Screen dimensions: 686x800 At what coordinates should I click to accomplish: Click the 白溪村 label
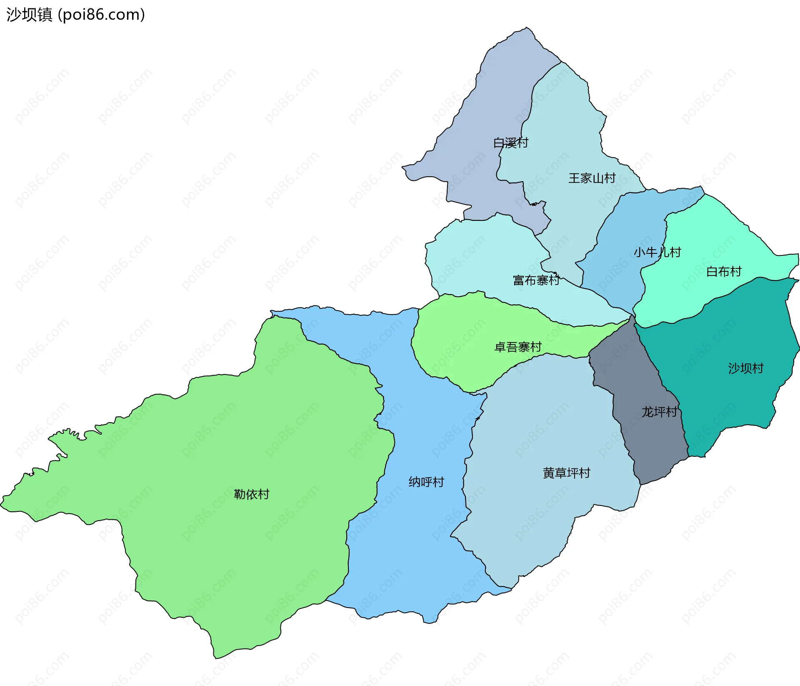[x=510, y=143]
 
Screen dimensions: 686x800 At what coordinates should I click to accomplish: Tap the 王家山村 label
[x=592, y=178]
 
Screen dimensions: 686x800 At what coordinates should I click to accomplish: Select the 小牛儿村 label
[x=657, y=252]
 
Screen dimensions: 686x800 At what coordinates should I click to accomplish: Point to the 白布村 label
[x=724, y=272]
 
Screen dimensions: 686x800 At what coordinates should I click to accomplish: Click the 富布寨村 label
[x=536, y=280]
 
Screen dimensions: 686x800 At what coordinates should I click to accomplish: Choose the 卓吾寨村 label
[x=517, y=347]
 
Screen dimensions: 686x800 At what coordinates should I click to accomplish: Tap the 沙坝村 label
[x=745, y=368]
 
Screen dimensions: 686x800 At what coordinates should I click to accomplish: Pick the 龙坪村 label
[x=659, y=412]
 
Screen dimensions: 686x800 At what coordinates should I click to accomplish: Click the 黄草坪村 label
[x=566, y=473]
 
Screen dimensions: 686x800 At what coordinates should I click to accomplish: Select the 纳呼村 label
[x=426, y=482]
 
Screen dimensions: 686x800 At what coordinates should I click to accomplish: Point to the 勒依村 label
[x=252, y=494]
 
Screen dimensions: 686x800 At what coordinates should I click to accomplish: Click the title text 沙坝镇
[x=29, y=15]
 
